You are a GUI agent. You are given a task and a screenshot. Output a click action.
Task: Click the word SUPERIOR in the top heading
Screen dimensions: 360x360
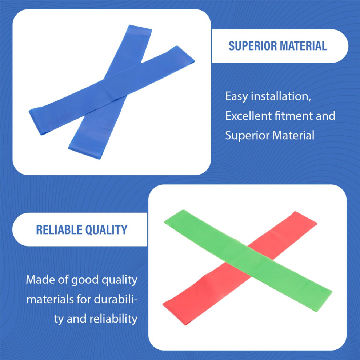(252, 46)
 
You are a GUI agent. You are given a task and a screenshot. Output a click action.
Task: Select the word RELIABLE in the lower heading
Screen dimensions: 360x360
(59, 230)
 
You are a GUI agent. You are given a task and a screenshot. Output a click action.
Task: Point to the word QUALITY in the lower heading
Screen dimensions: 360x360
(106, 230)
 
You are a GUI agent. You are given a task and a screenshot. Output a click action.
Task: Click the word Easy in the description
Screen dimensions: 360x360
(236, 96)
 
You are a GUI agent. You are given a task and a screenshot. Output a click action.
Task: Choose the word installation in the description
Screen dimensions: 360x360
(281, 96)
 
